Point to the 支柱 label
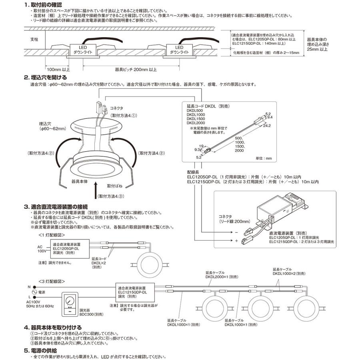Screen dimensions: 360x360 pyautogui.click(x=35, y=40)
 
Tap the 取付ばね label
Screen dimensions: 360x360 pyautogui.click(x=115, y=186)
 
